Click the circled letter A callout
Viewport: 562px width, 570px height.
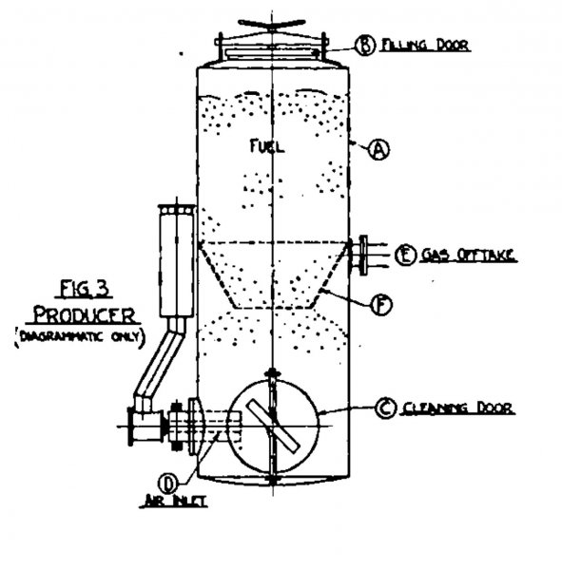pyautogui.click(x=379, y=149)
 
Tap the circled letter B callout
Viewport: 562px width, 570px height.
pyautogui.click(x=365, y=45)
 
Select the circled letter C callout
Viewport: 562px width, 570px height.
pyautogui.click(x=385, y=408)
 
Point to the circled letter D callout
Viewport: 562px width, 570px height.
pyautogui.click(x=167, y=484)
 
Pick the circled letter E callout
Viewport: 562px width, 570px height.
pyautogui.click(x=405, y=255)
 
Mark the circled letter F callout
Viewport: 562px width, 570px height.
pyautogui.click(x=381, y=305)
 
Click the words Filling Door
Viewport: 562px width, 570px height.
pyautogui.click(x=425, y=45)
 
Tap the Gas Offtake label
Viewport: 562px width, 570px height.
pyautogui.click(x=468, y=256)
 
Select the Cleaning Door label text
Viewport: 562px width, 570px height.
pyautogui.click(x=458, y=408)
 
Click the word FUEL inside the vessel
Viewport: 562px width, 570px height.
pyautogui.click(x=267, y=146)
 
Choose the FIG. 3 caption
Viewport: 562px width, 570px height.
pyautogui.click(x=84, y=289)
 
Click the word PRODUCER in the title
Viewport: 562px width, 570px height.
pyautogui.click(x=84, y=315)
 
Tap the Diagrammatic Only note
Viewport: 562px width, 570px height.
pyautogui.click(x=81, y=337)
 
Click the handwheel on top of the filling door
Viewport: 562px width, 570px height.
pyautogui.click(x=272, y=24)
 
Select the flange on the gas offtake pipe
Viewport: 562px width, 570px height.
pyautogui.click(x=363, y=255)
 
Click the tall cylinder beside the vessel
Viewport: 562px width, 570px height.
pyautogui.click(x=176, y=261)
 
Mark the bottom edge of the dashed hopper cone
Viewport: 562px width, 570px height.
pyautogui.click(x=273, y=308)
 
